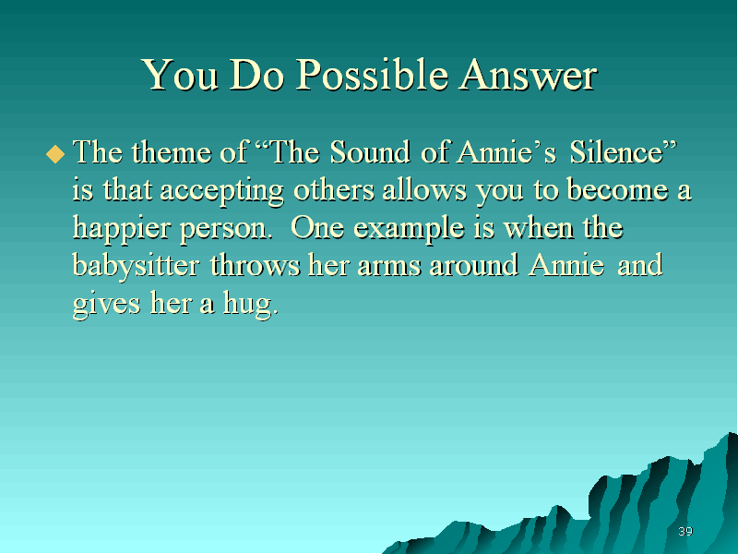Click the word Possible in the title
(x=372, y=76)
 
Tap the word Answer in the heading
(x=529, y=75)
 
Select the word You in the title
(x=181, y=75)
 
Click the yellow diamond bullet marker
(x=55, y=154)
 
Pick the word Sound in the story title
(x=370, y=152)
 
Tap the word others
(x=334, y=190)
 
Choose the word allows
(x=424, y=190)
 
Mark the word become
(x=617, y=190)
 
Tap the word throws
(x=255, y=265)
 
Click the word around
(x=474, y=265)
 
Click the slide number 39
(x=685, y=532)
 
